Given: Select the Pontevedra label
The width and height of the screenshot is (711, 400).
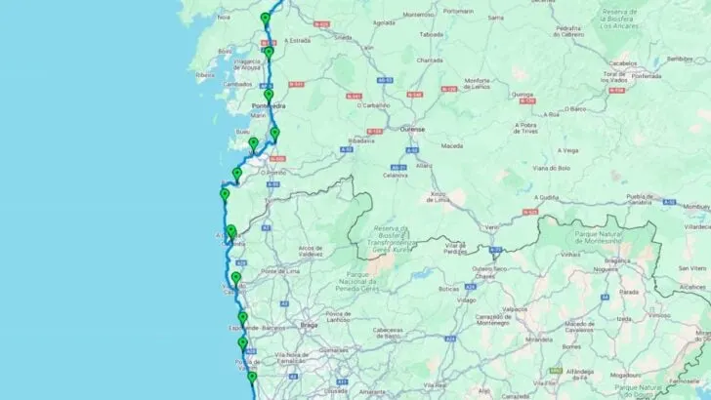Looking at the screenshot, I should pos(269,105).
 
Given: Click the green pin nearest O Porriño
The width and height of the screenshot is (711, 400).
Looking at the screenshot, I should pos(236,174).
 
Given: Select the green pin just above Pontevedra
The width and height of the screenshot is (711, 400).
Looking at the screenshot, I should pos(269,95).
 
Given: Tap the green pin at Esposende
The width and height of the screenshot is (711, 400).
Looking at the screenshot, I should pos(242,318).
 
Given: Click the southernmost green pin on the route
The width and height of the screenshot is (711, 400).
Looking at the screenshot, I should pos(252,377).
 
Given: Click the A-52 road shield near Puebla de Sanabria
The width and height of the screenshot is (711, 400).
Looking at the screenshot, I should pos(531,212).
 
